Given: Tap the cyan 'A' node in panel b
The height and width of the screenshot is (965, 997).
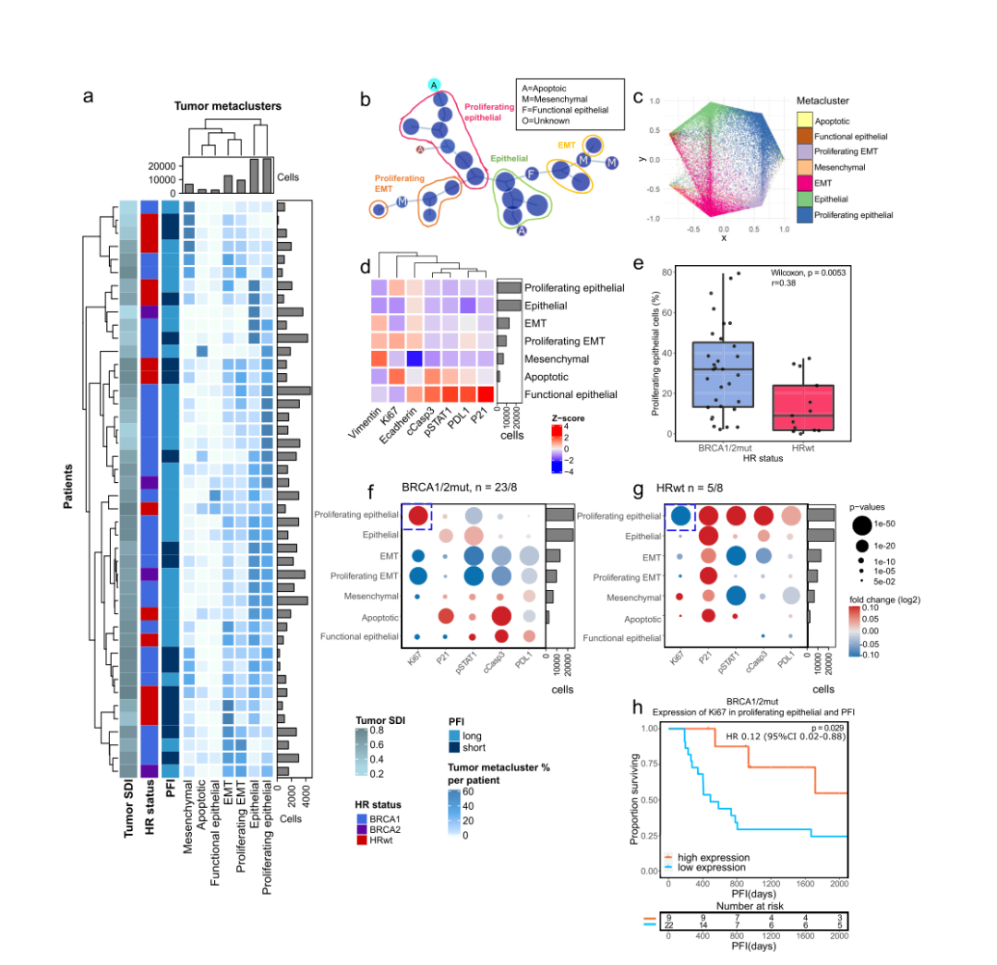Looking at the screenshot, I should [434, 86].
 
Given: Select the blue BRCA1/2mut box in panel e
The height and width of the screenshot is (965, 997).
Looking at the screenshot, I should [722, 374].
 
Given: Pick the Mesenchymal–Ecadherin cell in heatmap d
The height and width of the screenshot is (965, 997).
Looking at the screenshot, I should [415, 358].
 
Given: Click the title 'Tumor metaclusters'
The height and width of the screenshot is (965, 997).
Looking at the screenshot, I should [227, 106].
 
